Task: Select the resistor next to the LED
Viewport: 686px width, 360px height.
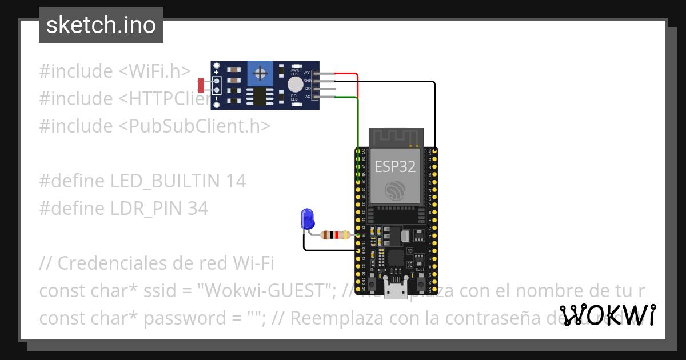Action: point(335,235)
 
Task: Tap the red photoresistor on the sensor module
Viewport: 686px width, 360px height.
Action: point(201,86)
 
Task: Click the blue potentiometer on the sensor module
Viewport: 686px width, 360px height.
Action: point(261,73)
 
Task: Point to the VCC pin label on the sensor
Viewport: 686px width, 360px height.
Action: point(307,73)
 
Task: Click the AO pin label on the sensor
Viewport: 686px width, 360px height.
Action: point(308,97)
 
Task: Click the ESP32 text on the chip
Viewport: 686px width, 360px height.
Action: point(395,166)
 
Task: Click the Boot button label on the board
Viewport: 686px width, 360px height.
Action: point(420,269)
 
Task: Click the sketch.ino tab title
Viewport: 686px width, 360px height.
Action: point(101,25)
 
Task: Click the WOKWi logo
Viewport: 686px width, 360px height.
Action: point(608,315)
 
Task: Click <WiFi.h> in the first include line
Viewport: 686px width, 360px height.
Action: point(154,71)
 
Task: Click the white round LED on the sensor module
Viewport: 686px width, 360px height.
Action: point(295,85)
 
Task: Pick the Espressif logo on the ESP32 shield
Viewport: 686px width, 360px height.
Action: point(395,190)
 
